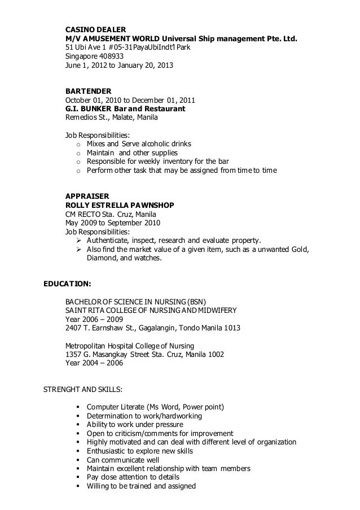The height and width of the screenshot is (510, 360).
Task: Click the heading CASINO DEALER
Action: tap(95, 29)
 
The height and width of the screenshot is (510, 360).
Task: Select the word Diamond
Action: tap(102, 258)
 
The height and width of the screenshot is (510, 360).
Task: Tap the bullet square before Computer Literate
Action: tap(76, 408)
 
